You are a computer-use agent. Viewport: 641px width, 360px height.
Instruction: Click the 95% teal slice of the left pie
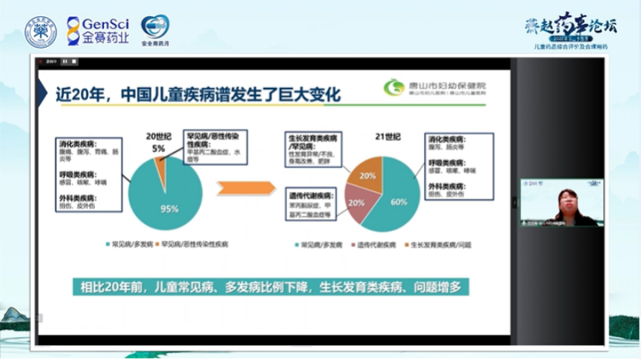(x=166, y=197)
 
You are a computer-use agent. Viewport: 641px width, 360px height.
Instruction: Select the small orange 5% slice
(x=160, y=163)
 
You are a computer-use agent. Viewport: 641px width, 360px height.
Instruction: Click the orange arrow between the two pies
(x=245, y=188)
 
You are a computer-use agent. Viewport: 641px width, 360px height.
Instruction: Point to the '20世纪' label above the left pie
(x=157, y=136)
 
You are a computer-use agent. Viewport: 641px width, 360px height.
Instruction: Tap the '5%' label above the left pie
(x=158, y=147)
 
